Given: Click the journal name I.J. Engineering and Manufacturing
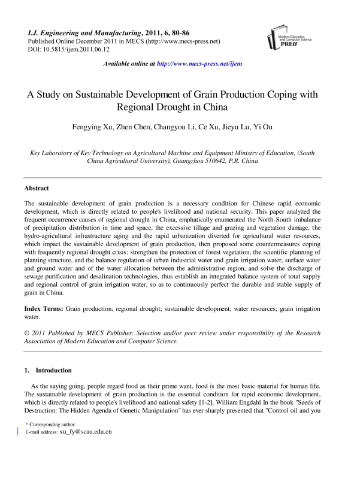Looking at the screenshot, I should coord(75,32).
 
